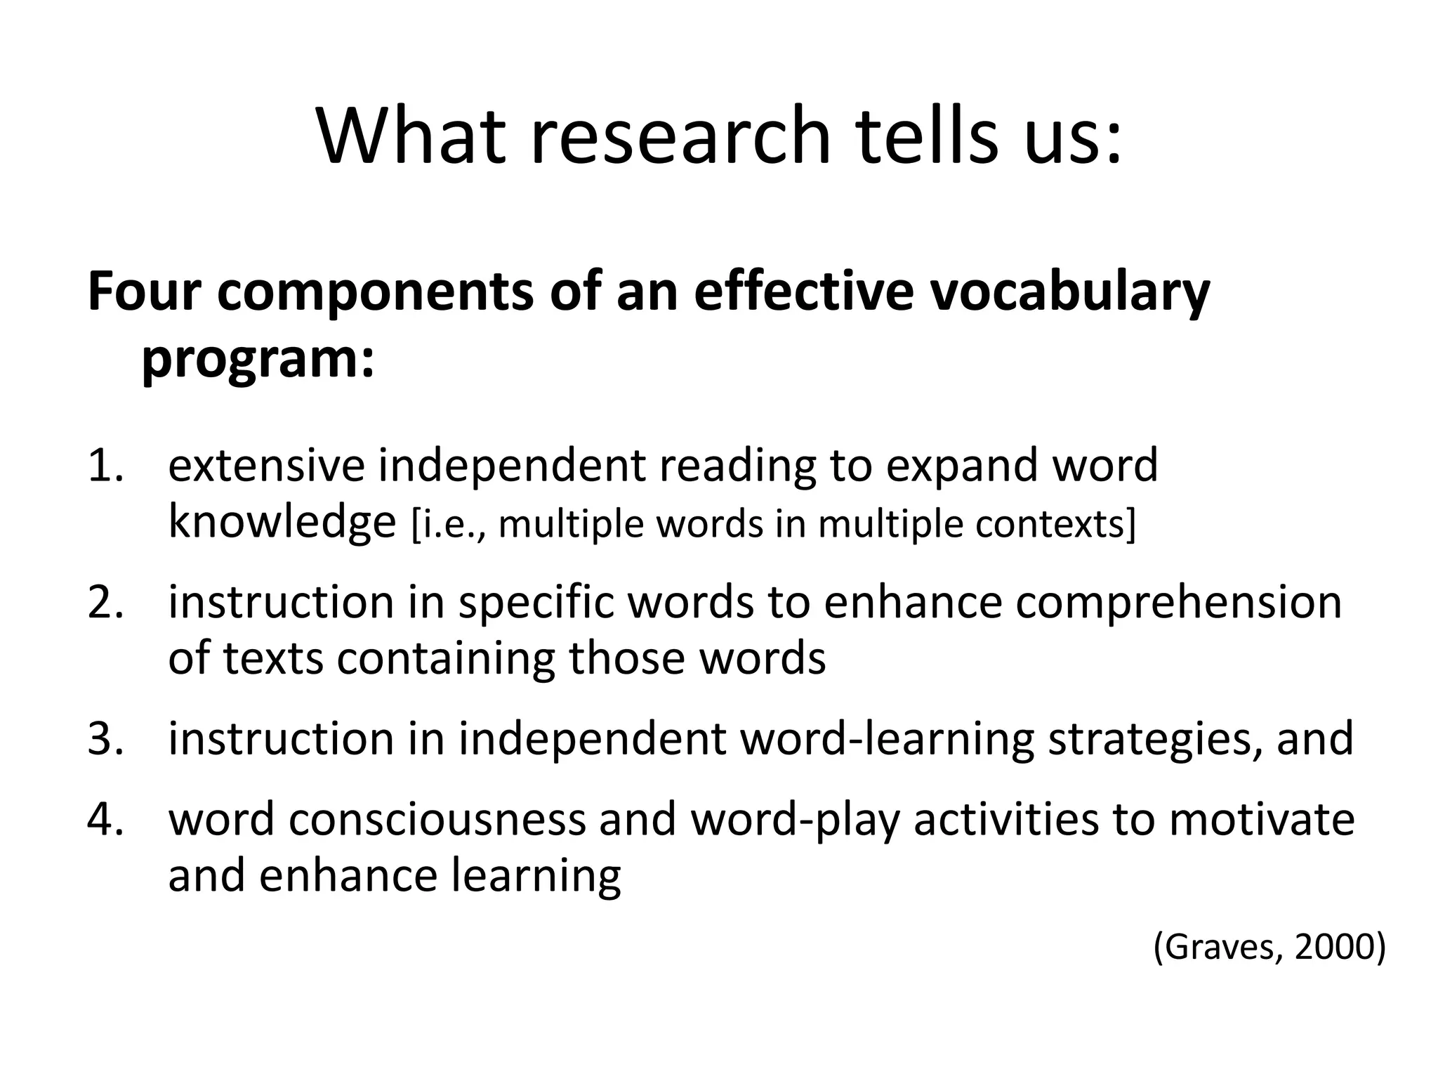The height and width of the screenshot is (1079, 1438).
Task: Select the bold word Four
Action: pos(143,291)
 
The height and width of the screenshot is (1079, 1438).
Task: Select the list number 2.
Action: pos(105,602)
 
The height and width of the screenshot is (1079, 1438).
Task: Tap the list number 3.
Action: pos(105,739)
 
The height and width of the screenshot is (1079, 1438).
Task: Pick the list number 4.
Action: pos(105,820)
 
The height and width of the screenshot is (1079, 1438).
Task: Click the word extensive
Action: pos(267,466)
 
